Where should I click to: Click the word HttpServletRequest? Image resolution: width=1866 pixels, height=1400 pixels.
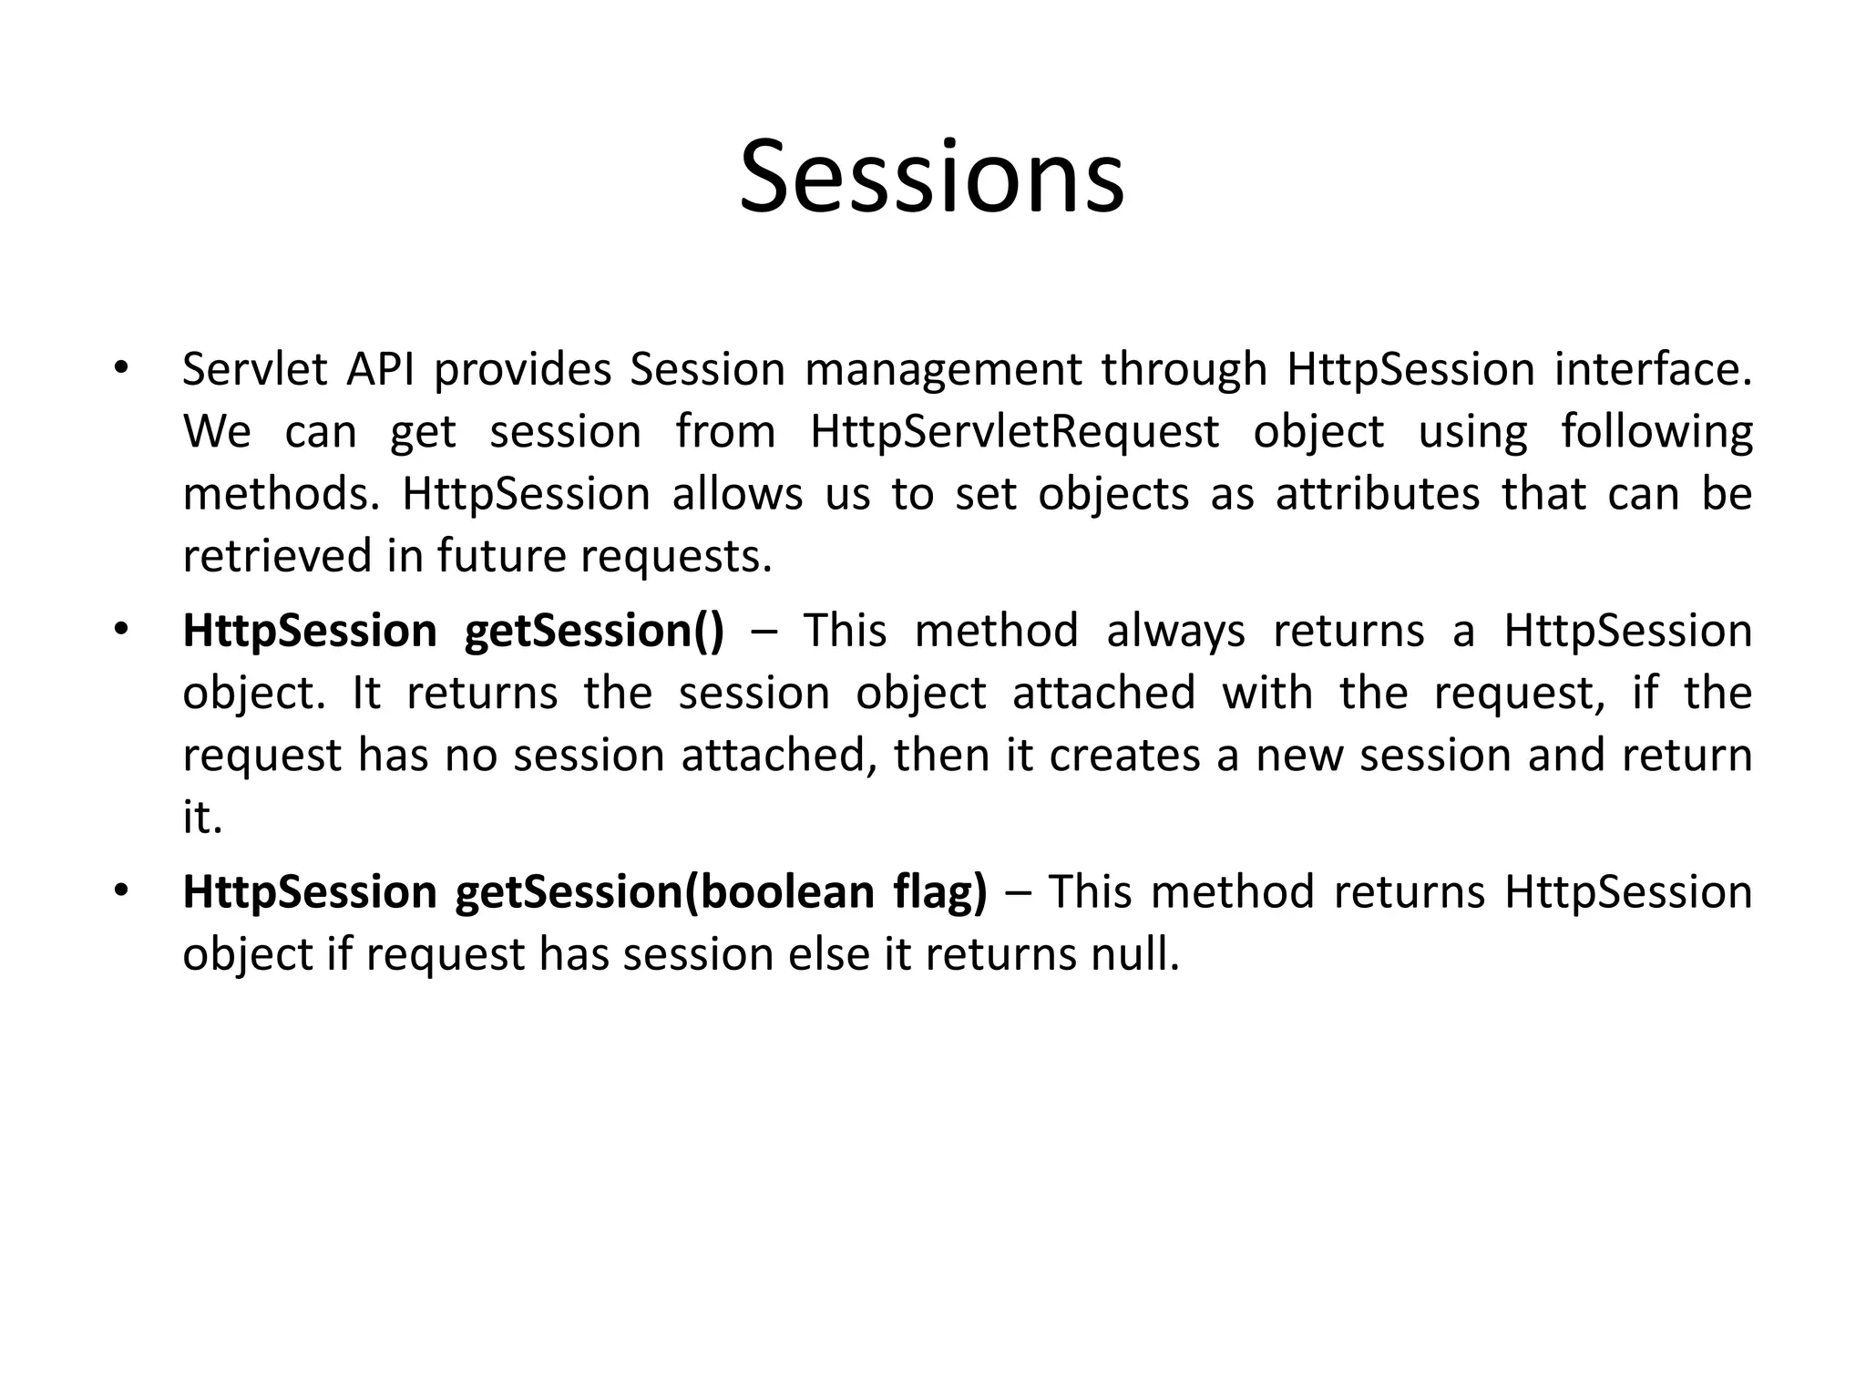click(x=1014, y=432)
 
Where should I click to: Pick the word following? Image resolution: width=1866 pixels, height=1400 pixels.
click(x=1656, y=432)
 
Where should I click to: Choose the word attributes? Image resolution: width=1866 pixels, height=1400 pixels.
click(x=1377, y=494)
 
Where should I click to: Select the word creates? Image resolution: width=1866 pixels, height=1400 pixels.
click(x=1124, y=756)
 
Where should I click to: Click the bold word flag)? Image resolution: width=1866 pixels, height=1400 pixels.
click(x=940, y=891)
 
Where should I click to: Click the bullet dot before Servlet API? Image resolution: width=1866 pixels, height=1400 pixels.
click(x=120, y=369)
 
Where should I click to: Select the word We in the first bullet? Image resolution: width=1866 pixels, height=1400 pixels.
click(x=216, y=432)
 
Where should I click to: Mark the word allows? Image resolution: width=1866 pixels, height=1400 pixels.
click(x=737, y=494)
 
